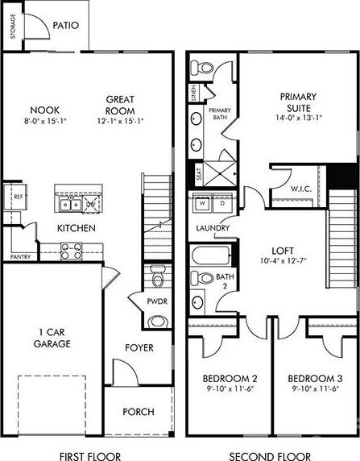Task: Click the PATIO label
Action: pos(66,25)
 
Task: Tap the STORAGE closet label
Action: pos(13,27)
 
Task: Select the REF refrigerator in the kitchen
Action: pos(15,197)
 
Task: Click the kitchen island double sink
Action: pos(71,205)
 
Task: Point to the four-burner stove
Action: pos(72,251)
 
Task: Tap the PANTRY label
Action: pos(20,257)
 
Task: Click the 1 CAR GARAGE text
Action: pos(52,338)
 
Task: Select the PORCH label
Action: pos(139,412)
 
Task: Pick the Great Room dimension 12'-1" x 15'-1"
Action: pos(120,121)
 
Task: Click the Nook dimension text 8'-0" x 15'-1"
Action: pos(45,121)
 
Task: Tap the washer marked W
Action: pos(202,202)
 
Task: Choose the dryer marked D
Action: pos(222,202)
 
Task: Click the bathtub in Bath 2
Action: pos(211,255)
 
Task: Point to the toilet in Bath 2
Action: pos(202,278)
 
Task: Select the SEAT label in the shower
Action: pos(199,174)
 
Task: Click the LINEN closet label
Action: pos(193,93)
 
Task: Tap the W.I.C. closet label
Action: pos(301,189)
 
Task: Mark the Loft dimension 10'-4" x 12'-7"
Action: pos(283,261)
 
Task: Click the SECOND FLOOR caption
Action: pos(270,456)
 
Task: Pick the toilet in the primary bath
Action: pos(202,68)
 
